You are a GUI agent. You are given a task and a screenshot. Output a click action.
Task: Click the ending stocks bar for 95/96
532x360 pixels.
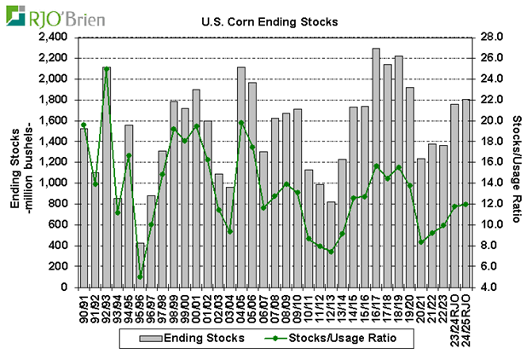140,265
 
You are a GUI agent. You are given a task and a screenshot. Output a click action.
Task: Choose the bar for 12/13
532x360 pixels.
331,244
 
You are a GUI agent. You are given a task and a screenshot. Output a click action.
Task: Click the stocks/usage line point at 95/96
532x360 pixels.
140,276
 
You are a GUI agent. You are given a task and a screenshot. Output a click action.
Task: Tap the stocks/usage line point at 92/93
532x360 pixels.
107,68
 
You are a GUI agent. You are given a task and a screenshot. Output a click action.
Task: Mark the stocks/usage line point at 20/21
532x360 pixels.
421,242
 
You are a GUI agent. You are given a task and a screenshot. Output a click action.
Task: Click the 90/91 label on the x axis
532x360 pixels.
84,304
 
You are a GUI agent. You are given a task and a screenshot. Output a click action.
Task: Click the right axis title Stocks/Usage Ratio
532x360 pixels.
519,162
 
